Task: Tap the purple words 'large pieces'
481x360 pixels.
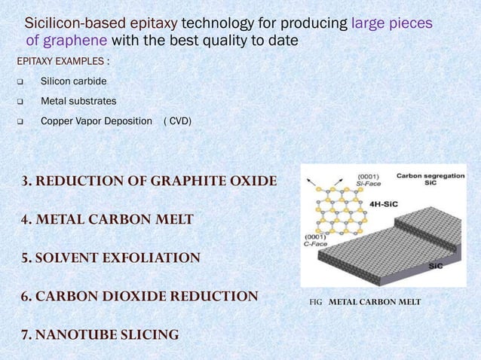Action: click(x=391, y=23)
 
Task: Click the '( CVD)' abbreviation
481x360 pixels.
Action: click(x=177, y=121)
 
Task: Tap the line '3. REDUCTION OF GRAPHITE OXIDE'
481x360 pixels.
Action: click(x=149, y=182)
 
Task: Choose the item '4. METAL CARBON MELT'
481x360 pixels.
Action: click(x=106, y=220)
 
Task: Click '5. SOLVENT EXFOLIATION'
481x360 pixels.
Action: click(x=110, y=258)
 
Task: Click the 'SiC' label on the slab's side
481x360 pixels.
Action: click(x=435, y=266)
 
